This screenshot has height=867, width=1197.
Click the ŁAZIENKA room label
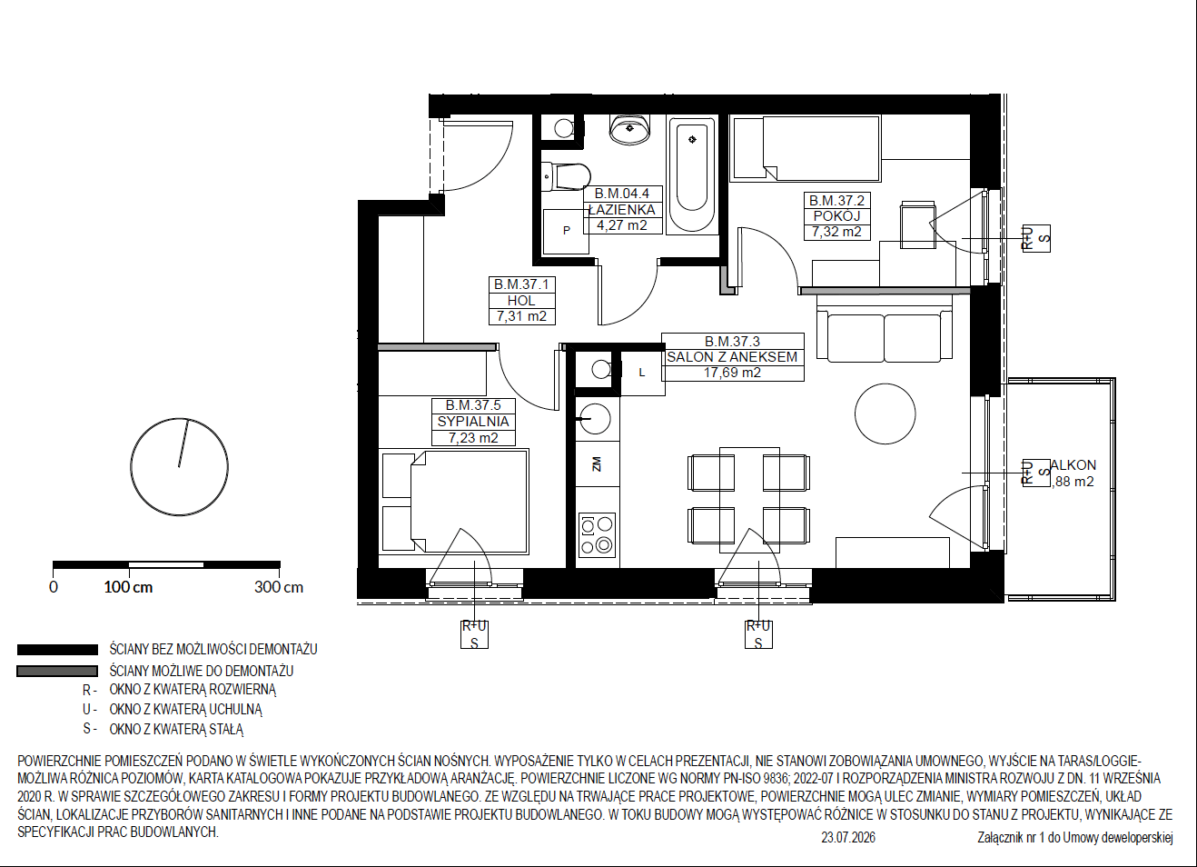pos(622,210)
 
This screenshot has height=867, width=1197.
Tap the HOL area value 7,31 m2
pos(521,316)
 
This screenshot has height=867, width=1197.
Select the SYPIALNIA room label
pos(473,422)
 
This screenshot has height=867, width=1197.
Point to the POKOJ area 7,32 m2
pos(836,232)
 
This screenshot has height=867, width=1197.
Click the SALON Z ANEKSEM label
pos(732,357)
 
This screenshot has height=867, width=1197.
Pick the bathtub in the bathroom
pos(692,175)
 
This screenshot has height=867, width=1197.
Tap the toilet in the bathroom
pos(566,176)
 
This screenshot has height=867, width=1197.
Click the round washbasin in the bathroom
pos(630,129)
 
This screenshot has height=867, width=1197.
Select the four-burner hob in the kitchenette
pos(597,535)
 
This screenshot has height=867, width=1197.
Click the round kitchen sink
pos(595,419)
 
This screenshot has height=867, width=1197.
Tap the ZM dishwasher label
pos(597,463)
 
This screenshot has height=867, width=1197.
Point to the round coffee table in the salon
pos(885,414)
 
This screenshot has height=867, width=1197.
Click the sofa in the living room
pos(884,329)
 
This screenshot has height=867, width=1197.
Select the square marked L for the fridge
pos(643,373)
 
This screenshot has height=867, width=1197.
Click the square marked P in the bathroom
pos(566,231)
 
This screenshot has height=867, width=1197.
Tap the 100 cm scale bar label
pos(128,587)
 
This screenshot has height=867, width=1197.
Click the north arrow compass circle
pos(180,467)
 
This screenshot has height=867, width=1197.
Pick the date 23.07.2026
pos(848,837)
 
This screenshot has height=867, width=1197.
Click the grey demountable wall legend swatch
pos(57,671)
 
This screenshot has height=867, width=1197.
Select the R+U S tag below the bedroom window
pos(474,634)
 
